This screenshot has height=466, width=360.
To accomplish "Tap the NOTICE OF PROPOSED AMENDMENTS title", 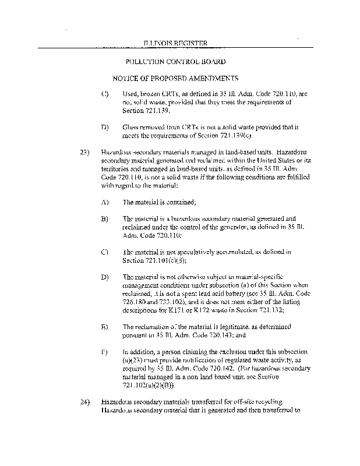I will click(x=176, y=78).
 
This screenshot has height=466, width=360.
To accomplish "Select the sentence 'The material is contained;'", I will click(x=159, y=202).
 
